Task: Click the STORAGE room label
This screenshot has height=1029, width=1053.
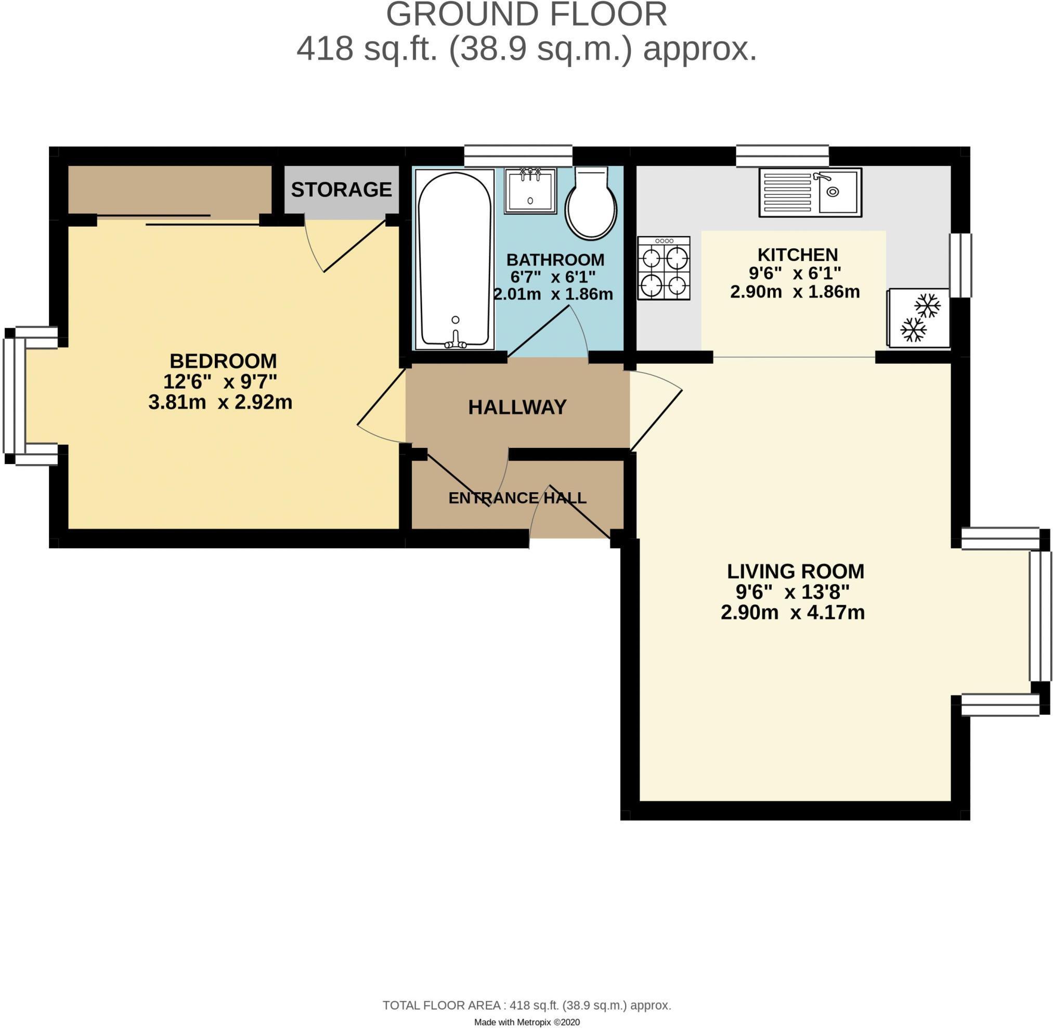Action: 341,190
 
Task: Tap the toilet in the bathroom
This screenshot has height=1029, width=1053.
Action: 591,204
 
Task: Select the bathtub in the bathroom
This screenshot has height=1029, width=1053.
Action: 454,260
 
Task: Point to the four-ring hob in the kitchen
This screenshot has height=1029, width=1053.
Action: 664,267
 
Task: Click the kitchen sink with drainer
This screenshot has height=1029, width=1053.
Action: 810,192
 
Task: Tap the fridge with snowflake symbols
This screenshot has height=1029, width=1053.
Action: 918,318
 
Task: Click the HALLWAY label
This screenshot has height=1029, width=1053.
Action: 517,407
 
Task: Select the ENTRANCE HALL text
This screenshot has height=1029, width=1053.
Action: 517,498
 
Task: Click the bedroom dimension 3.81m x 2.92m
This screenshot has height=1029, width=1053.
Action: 220,402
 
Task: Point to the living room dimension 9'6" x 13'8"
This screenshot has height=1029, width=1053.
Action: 792,593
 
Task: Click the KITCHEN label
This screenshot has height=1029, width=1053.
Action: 798,254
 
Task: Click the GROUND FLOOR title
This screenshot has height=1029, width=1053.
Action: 526,15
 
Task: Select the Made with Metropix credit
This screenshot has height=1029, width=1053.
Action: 526,1022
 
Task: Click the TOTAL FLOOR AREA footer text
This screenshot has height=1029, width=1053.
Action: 526,1005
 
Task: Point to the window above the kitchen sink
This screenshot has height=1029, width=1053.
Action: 782,156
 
